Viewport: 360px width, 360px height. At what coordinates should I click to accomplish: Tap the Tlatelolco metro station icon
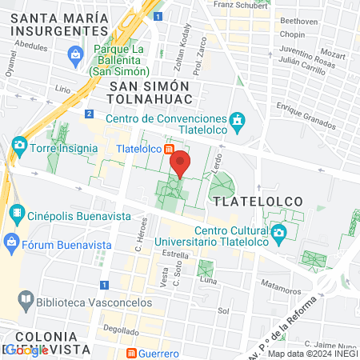pyautogui.click(x=170, y=149)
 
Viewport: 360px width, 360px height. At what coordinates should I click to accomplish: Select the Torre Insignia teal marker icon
pyautogui.click(x=19, y=147)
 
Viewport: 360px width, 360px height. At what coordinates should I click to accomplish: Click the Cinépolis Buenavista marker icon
pyautogui.click(x=15, y=214)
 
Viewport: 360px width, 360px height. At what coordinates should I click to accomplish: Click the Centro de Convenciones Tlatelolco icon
pyautogui.click(x=237, y=121)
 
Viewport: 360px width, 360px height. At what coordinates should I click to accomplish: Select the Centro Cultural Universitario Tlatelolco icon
pyautogui.click(x=278, y=234)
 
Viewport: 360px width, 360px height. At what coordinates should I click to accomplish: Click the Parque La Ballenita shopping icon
pyautogui.click(x=76, y=54)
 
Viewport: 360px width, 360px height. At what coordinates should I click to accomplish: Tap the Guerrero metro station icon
pyautogui.click(x=131, y=353)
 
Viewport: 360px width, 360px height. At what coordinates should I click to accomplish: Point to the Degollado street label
pyautogui.click(x=120, y=329)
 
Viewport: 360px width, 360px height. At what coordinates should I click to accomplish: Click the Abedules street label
pyautogui.click(x=32, y=47)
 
